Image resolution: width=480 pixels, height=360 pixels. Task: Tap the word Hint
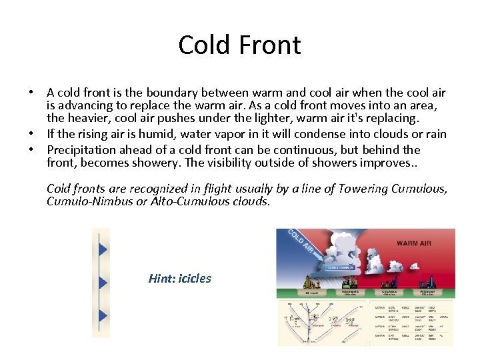click(161, 279)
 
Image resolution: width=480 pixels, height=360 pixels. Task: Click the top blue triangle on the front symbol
click(103, 250)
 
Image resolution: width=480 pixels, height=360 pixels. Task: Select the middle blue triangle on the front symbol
click(103, 283)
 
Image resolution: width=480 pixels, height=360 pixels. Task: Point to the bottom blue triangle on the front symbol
click(103, 315)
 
